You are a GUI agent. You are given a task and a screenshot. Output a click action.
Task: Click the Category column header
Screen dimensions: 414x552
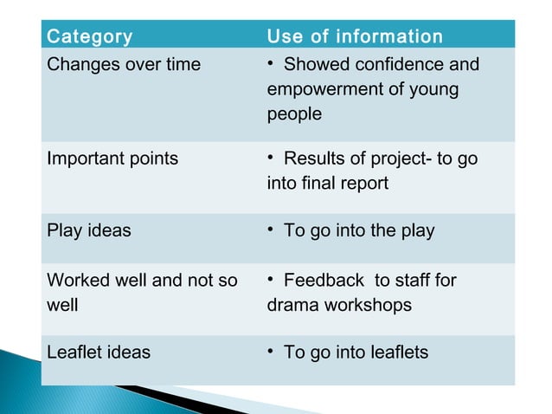[90, 36]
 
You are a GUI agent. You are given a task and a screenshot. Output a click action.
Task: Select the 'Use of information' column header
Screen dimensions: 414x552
[355, 36]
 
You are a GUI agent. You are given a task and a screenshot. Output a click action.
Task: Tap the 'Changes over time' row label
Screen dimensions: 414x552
[124, 65]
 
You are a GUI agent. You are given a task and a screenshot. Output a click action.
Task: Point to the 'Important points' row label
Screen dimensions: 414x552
[112, 158]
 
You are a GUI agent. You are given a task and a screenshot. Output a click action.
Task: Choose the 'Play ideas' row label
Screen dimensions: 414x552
[89, 230]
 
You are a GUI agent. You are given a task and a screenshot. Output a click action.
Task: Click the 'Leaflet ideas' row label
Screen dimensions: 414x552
[99, 353]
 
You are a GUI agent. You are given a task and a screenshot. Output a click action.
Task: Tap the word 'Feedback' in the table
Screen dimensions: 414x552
[324, 281]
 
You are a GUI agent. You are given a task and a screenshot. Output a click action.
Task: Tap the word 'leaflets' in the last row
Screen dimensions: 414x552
[394, 353]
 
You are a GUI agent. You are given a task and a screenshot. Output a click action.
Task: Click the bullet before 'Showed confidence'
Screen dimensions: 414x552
[272, 64]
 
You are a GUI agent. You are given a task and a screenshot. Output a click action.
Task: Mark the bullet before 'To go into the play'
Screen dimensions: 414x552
[272, 230]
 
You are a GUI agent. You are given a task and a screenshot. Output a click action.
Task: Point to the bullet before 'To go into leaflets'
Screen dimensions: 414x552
[272, 352]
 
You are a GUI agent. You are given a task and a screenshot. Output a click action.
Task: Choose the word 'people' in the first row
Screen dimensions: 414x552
[294, 114]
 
